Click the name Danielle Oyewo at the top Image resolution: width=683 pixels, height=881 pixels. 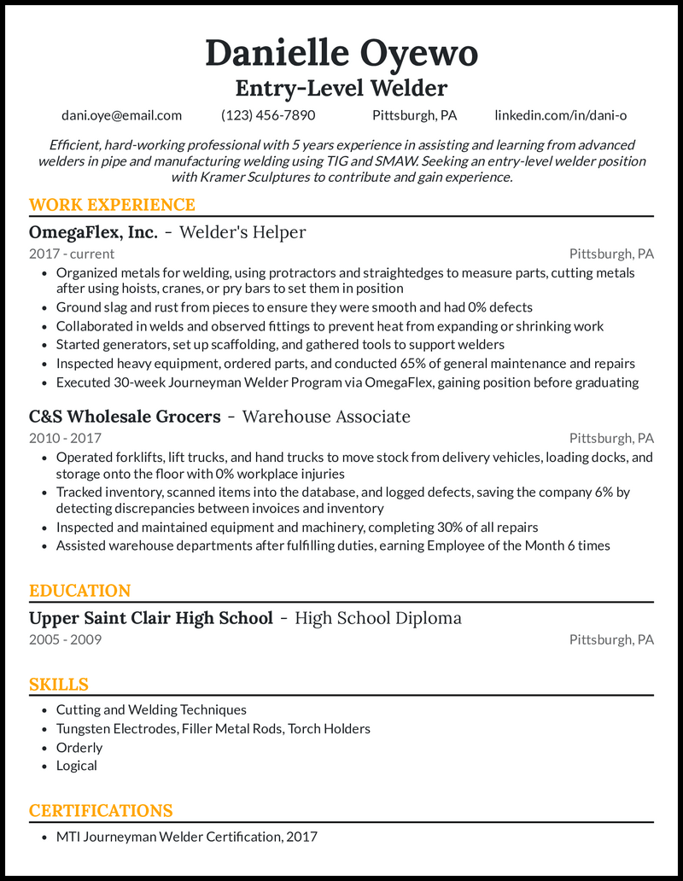(341, 54)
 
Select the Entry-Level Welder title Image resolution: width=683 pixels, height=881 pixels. (341, 88)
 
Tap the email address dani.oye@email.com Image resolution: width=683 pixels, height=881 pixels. (121, 115)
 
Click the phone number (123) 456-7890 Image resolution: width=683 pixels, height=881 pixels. (268, 115)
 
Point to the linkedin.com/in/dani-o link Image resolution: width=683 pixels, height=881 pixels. (560, 115)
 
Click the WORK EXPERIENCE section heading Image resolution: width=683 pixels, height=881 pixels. (112, 205)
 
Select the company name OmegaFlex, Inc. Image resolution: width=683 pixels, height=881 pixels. (93, 232)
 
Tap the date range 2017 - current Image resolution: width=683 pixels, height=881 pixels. (72, 254)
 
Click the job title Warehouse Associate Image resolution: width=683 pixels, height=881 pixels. (326, 417)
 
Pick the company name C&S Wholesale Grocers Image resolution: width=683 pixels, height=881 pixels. (125, 417)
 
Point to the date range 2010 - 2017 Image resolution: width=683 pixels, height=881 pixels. (65, 438)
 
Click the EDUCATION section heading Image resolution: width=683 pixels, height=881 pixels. (79, 591)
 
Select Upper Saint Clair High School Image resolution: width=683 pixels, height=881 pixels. (151, 618)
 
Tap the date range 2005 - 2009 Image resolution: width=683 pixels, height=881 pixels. (65, 639)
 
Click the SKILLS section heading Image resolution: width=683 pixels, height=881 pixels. (59, 685)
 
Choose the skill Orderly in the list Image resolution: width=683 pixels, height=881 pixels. (79, 747)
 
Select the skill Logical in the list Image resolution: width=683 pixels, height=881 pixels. (77, 766)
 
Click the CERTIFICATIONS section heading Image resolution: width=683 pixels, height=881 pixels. (101, 811)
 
